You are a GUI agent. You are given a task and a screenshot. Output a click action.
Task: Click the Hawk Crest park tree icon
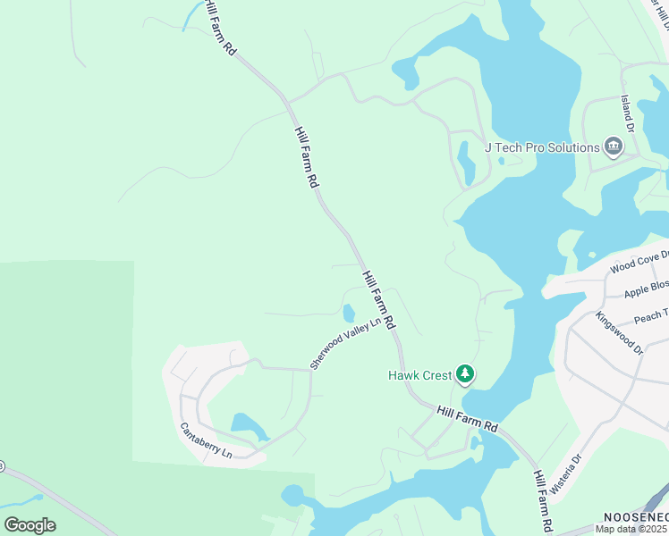point(464,373)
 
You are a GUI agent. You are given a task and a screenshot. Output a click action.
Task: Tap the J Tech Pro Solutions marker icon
point(613,147)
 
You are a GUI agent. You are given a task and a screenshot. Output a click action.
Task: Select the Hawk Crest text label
point(419,376)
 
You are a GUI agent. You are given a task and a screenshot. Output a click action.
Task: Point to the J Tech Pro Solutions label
point(541,147)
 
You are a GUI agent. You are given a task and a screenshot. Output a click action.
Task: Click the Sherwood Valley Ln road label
point(345,342)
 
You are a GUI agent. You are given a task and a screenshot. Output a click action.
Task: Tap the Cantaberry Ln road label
point(206,441)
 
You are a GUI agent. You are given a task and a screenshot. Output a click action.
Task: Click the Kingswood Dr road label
point(619,333)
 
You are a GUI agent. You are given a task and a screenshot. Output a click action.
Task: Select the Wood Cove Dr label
point(639,265)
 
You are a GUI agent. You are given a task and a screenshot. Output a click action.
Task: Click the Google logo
point(30,525)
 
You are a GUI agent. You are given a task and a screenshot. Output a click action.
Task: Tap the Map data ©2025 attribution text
point(631,529)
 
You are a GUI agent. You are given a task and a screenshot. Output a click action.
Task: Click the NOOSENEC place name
point(635,517)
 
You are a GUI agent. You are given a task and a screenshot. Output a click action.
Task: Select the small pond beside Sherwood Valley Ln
point(347,313)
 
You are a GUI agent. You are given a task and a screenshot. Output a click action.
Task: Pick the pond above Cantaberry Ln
point(248,426)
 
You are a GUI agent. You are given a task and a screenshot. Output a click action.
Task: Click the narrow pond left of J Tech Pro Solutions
point(466,163)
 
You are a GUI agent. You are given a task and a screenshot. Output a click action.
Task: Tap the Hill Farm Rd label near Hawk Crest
point(467,418)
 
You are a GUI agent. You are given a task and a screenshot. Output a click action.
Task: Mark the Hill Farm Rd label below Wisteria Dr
point(543,499)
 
